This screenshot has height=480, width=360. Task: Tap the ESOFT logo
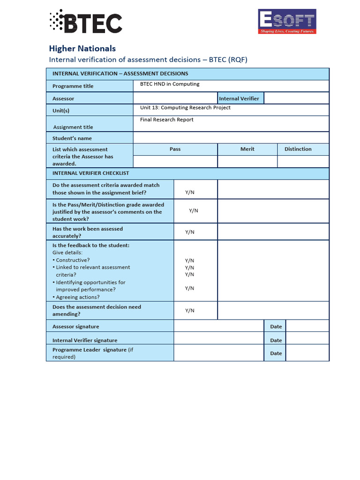coord(287,22)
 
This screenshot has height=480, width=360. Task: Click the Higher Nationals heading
coord(82,48)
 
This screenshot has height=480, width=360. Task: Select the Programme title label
coord(73,86)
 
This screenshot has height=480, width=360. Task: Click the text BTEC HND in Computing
coord(170,84)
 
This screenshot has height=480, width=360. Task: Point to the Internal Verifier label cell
coord(239,98)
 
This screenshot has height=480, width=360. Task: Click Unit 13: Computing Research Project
coord(185,108)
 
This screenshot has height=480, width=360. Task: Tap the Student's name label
coord(72,138)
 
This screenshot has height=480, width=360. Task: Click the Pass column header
coord(175,149)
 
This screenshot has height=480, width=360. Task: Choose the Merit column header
coord(247,149)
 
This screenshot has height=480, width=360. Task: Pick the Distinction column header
coord(298,149)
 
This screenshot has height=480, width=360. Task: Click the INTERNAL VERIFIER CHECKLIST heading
coord(90,173)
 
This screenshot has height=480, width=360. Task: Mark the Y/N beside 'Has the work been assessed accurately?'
coord(189,232)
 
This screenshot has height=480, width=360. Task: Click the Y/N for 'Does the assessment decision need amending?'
coord(189,310)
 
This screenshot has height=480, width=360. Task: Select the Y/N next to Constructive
coord(189,261)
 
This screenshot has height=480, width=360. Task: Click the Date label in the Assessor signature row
coord(276,326)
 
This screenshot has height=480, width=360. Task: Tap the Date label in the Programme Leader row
coord(276,353)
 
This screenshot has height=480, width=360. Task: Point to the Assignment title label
coord(73,127)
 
